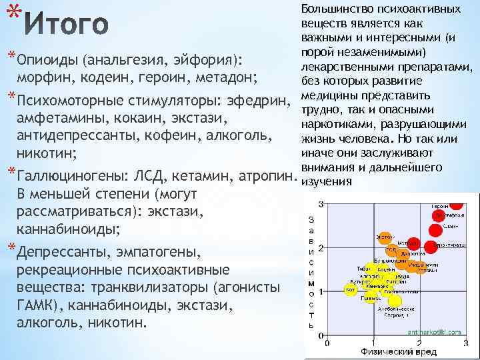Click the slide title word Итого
point(66,25)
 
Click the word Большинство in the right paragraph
point(334,9)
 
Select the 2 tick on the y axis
point(321,248)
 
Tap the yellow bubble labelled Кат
point(349,290)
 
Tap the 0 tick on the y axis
point(321,337)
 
